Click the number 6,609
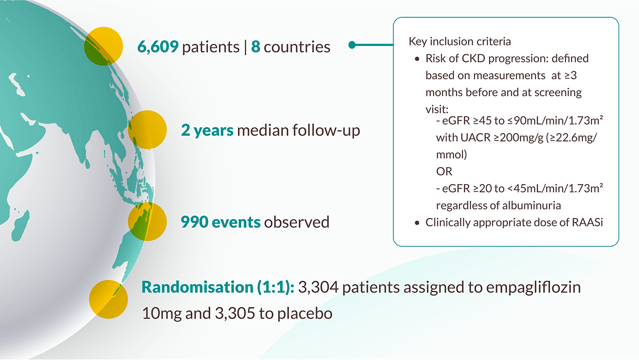[x=158, y=47]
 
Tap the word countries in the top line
[x=297, y=47]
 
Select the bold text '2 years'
[x=207, y=131]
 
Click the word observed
[x=296, y=222]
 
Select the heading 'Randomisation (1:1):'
[x=217, y=287]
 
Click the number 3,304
[x=318, y=287]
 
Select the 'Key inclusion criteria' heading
[x=459, y=42]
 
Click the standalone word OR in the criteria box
[x=444, y=171]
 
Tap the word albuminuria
[x=528, y=205]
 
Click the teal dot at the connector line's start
[x=352, y=45]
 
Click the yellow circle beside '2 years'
[x=146, y=130]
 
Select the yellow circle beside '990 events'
[x=147, y=221]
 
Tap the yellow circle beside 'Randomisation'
[x=108, y=299]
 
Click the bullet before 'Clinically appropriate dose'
[x=417, y=222]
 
